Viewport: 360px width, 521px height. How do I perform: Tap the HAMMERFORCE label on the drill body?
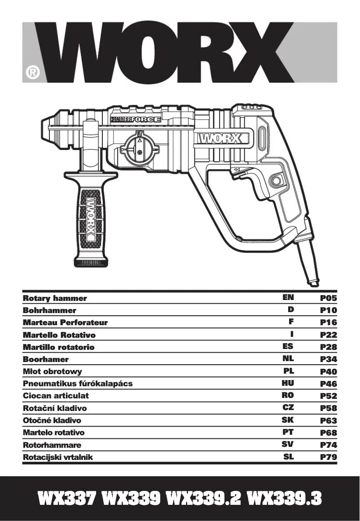pos(135,120)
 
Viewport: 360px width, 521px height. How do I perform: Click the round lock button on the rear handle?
pos(274,182)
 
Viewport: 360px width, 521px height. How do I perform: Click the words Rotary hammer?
pos(55,298)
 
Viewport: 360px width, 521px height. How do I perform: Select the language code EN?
pos(288,297)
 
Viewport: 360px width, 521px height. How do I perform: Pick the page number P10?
pos(328,310)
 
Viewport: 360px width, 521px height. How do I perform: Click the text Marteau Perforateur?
pos(65,322)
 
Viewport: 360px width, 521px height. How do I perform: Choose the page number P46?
pos(328,384)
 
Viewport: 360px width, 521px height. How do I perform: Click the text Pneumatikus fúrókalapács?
pos(78,384)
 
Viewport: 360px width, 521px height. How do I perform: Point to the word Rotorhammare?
pos(52,445)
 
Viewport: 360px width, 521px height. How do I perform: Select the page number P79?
pos(328,458)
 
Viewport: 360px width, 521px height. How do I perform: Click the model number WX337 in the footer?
pos(67,499)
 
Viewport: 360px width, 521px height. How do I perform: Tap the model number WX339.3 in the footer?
pos(284,499)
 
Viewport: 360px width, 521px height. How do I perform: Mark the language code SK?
pos(288,420)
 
